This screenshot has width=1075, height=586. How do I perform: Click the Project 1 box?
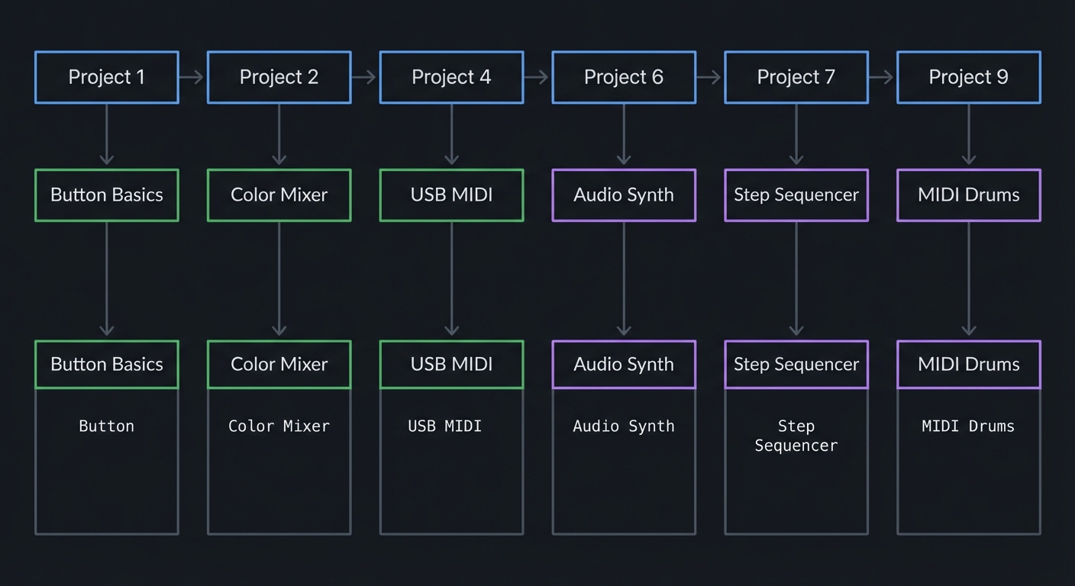click(107, 77)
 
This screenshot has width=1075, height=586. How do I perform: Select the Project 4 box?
click(451, 77)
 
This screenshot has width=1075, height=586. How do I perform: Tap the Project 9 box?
click(968, 77)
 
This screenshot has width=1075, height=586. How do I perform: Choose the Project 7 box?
click(796, 77)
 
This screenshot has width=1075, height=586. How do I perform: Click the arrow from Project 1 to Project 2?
click(192, 77)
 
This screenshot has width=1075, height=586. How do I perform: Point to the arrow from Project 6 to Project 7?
click(709, 77)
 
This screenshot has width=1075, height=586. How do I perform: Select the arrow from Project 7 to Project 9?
click(882, 77)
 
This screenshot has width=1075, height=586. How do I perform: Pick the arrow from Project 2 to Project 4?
click(365, 77)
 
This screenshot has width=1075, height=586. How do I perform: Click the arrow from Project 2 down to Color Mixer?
click(279, 136)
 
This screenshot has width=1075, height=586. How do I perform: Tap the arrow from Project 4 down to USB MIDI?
click(451, 136)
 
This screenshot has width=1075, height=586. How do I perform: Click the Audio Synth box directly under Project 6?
click(624, 195)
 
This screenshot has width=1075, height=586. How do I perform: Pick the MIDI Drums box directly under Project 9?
click(968, 195)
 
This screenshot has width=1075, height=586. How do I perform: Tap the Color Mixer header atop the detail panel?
click(279, 365)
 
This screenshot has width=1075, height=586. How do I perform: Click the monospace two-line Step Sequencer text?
click(796, 436)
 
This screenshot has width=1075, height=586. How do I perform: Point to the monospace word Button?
click(107, 427)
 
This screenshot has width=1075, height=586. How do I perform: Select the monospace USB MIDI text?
click(445, 427)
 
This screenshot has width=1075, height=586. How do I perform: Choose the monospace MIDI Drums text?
click(968, 427)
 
